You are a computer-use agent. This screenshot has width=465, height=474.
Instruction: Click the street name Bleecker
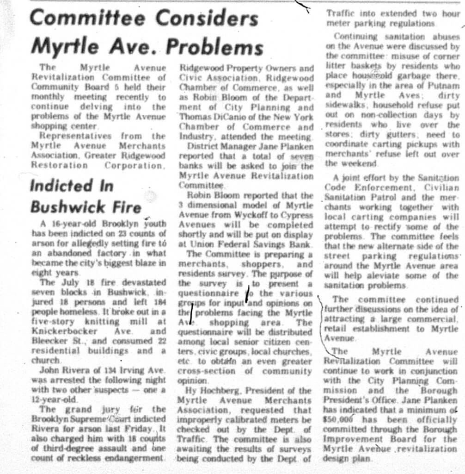coord(50,342)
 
